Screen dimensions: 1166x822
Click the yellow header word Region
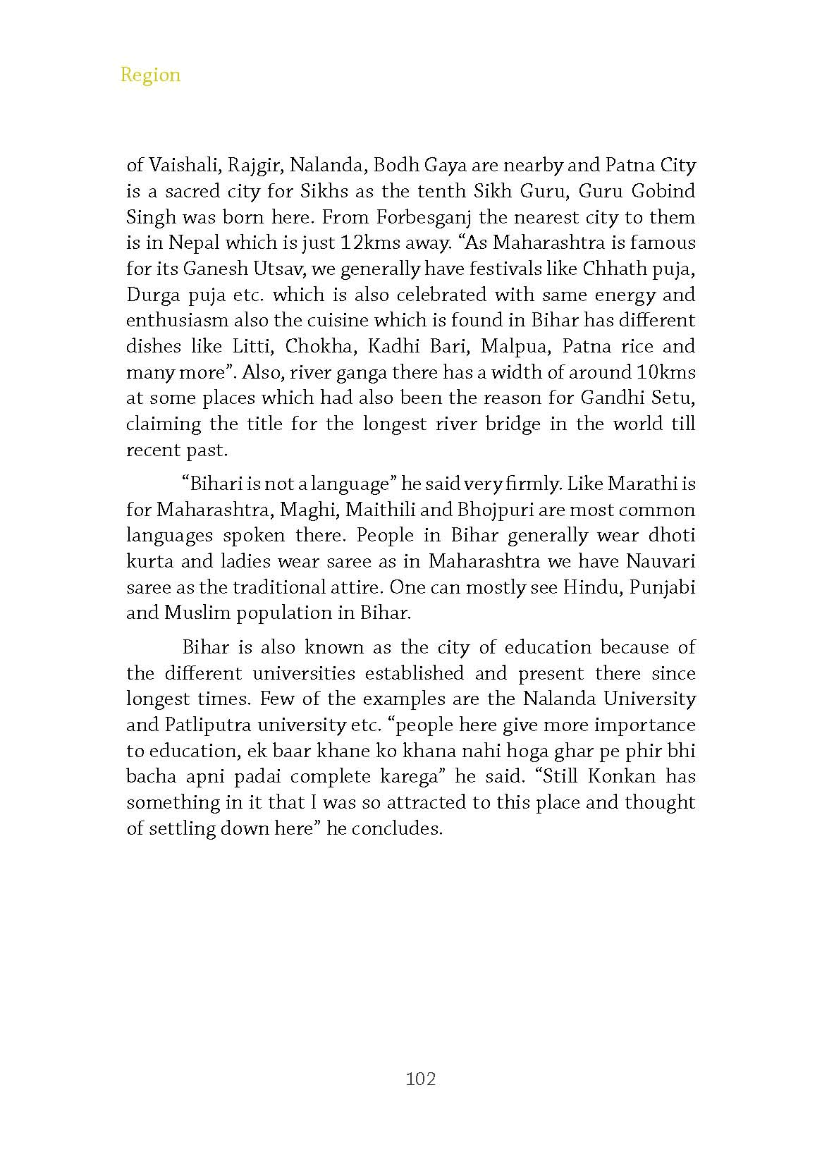(150, 75)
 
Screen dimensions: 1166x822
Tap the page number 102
(421, 1079)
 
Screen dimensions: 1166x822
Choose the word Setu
(675, 398)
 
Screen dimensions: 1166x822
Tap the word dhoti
(672, 535)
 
